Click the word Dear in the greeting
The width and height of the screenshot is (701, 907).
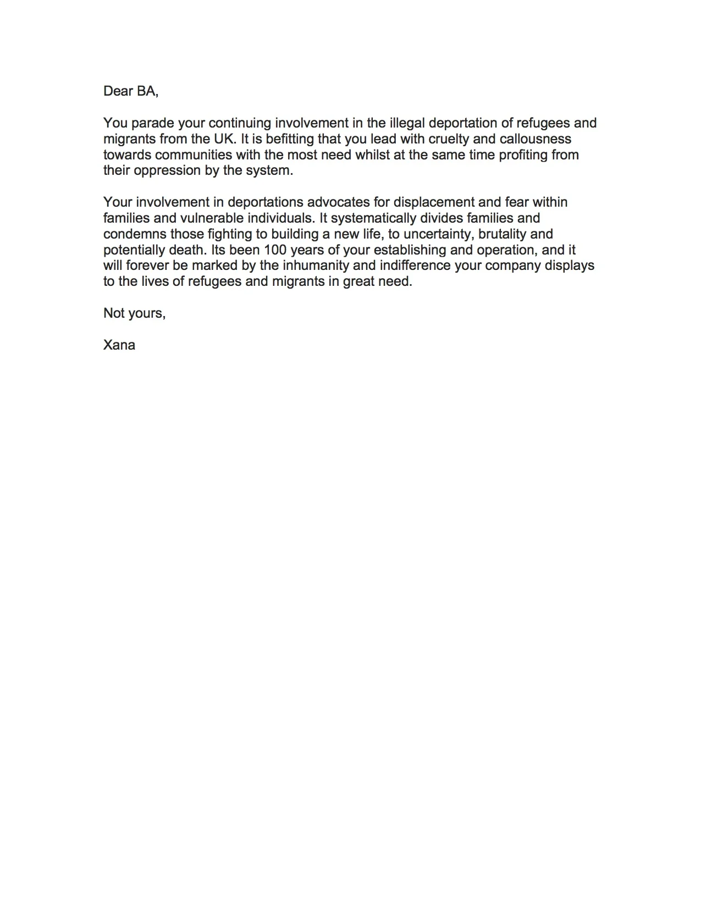[117, 91]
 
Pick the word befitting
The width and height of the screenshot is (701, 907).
[290, 139]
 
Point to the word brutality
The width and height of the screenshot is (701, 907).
[503, 234]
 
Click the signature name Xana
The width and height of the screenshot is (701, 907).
[119, 345]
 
